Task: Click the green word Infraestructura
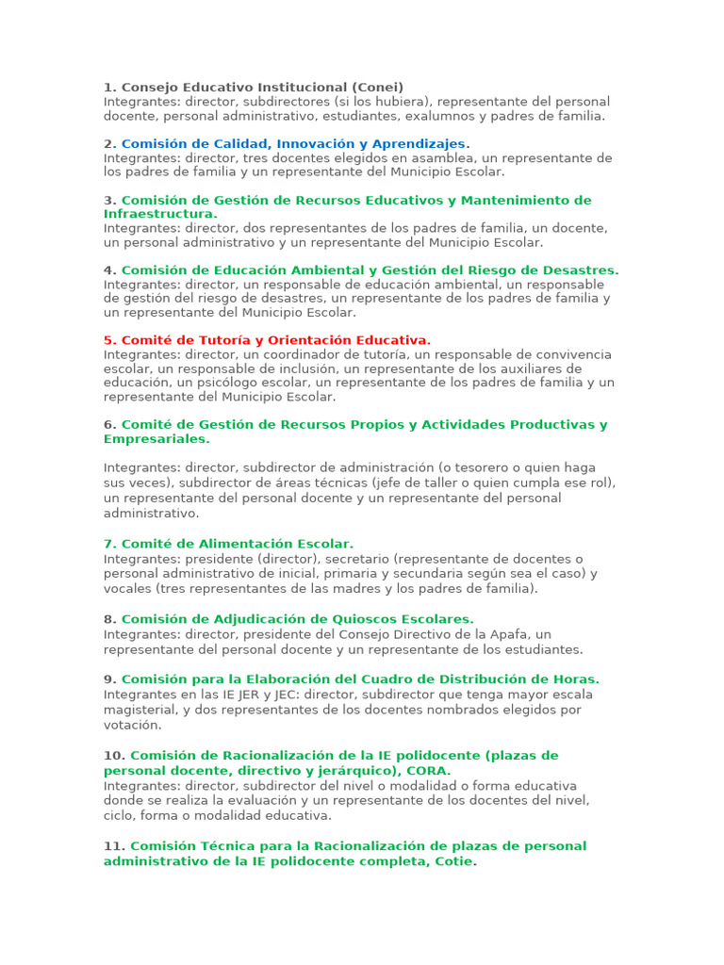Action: pos(159,214)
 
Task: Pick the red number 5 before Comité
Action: pos(107,340)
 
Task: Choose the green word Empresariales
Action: pos(156,439)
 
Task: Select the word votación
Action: pos(132,725)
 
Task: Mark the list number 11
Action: pos(113,846)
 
